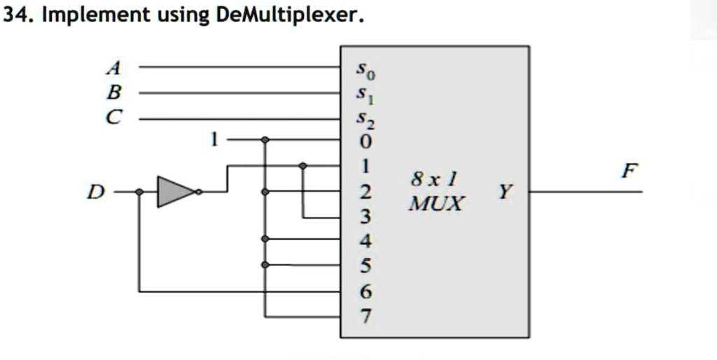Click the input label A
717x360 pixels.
point(113,68)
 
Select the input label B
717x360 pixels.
point(113,92)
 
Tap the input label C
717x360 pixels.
point(113,118)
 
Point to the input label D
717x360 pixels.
point(93,191)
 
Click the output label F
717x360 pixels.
point(630,170)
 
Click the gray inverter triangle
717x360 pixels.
point(174,191)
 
